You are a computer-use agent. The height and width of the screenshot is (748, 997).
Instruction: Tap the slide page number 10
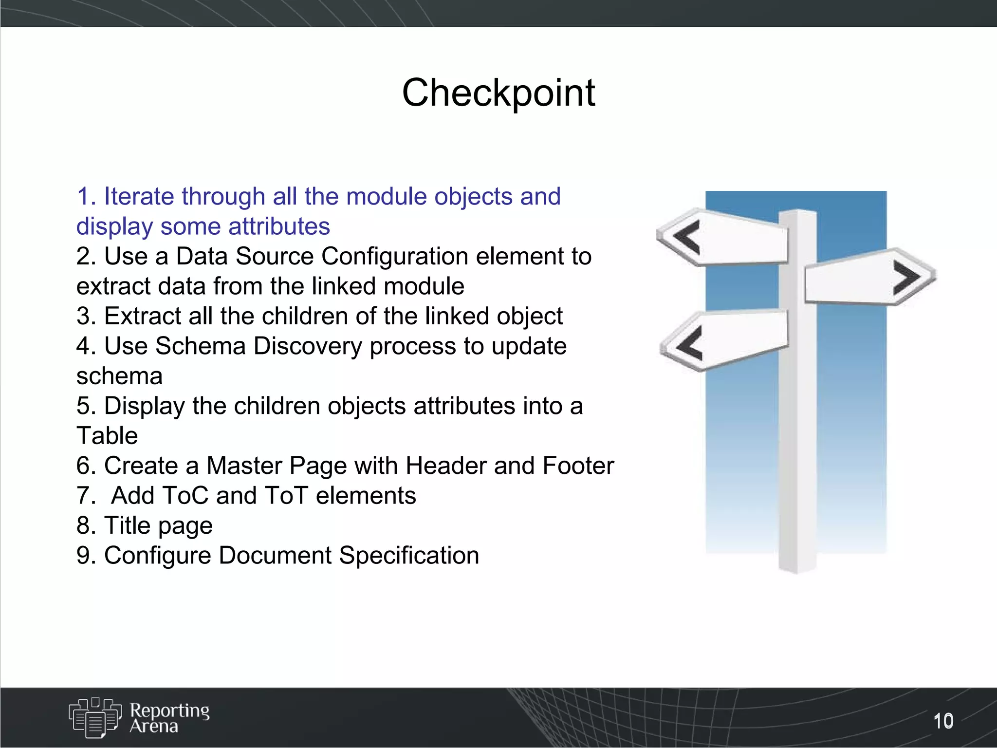click(943, 721)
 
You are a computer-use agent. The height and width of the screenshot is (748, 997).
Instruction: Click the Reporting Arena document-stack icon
click(95, 716)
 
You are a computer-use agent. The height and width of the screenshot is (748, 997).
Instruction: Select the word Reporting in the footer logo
click(169, 710)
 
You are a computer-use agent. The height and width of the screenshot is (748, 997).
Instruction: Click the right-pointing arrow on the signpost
click(906, 277)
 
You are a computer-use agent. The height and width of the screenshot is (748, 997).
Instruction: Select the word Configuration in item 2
click(394, 256)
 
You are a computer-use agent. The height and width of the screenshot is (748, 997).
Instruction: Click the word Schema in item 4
click(200, 346)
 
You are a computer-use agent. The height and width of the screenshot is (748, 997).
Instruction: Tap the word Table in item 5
click(107, 435)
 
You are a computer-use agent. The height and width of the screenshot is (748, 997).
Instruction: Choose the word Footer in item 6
click(578, 466)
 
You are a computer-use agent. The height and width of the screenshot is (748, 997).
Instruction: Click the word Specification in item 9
click(409, 556)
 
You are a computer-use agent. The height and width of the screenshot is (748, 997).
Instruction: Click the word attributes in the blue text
click(279, 226)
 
